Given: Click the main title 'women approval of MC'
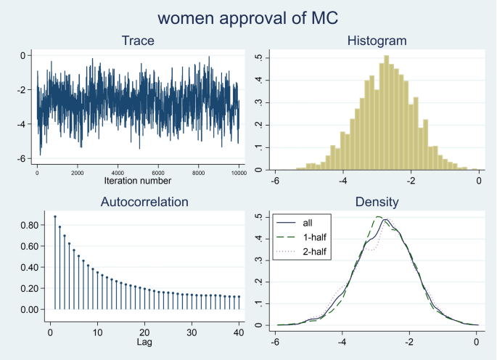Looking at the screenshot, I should coord(248,16).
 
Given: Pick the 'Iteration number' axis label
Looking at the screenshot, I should coord(139,181).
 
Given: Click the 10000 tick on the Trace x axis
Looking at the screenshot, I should coord(238,173).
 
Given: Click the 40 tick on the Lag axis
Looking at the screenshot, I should coord(238,331).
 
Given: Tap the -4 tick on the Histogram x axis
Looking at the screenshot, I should coord(343,179).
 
